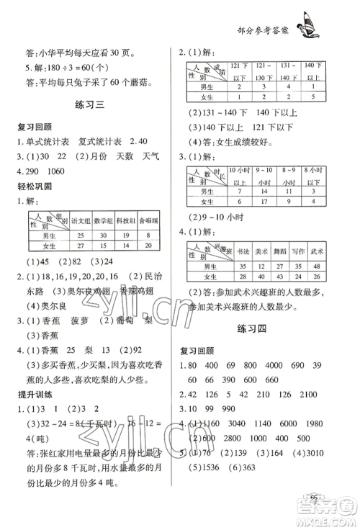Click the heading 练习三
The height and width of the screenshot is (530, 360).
point(91,105)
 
